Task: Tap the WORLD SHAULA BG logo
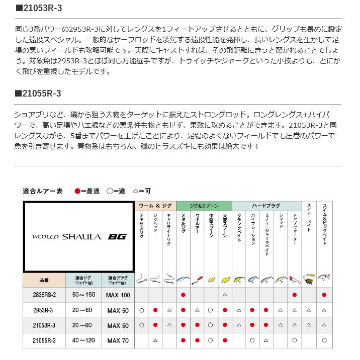79,236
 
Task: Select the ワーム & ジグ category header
155,206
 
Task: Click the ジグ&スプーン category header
204,206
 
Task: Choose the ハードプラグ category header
266,206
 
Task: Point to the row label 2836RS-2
44,295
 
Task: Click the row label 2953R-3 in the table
44,311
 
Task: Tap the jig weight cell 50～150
83,295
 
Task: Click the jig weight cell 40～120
83,341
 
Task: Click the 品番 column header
44,280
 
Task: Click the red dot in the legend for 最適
77,191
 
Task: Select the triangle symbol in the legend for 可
135,191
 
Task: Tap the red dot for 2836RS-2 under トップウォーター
295,295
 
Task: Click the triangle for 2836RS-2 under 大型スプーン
225,295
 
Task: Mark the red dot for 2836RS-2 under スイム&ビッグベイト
324,295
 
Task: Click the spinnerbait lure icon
309,278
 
